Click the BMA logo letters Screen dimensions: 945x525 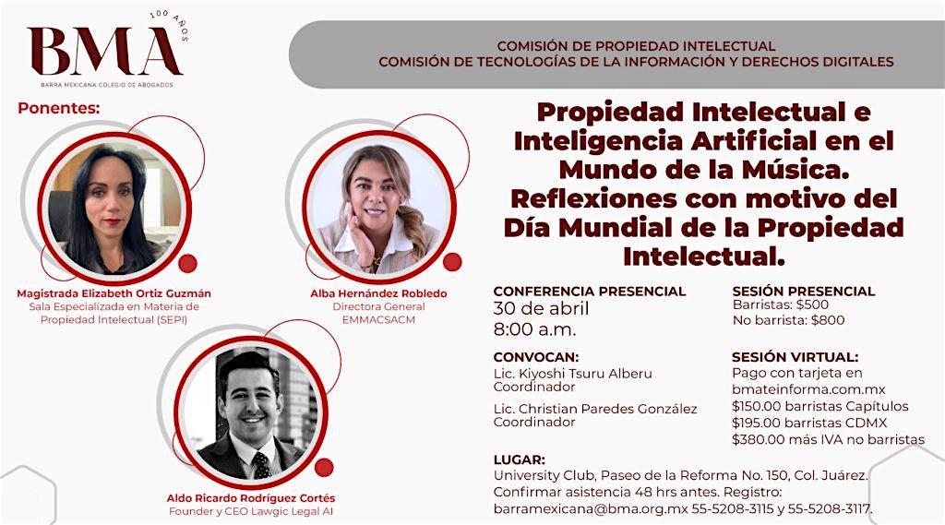pyautogui.click(x=104, y=52)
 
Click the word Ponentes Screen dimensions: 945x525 pyautogui.click(x=58, y=109)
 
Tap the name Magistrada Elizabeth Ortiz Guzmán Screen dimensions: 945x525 pyautogui.click(x=114, y=293)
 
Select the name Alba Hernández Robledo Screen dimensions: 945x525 pyautogui.click(x=378, y=293)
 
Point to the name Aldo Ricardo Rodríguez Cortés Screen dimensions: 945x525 pyautogui.click(x=251, y=498)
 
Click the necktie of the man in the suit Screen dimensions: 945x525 pyautogui.click(x=261, y=465)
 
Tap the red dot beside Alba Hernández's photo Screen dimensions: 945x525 pyautogui.click(x=452, y=262)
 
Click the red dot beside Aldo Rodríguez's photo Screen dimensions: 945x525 pyautogui.click(x=324, y=467)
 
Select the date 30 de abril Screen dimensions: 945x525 pyautogui.click(x=541, y=308)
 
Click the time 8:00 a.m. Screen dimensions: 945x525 pyautogui.click(x=534, y=329)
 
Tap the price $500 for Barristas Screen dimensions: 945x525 pyautogui.click(x=812, y=304)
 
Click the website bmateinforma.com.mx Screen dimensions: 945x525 pyautogui.click(x=808, y=389)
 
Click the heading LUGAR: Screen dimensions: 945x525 pyautogui.click(x=519, y=459)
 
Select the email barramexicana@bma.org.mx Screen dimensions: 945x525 pyautogui.click(x=591, y=508)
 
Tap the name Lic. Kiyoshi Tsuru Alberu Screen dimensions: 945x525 pyautogui.click(x=572, y=374)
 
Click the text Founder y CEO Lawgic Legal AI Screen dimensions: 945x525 pyautogui.click(x=251, y=511)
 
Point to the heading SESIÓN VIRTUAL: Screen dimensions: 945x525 pyautogui.click(x=795, y=357)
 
